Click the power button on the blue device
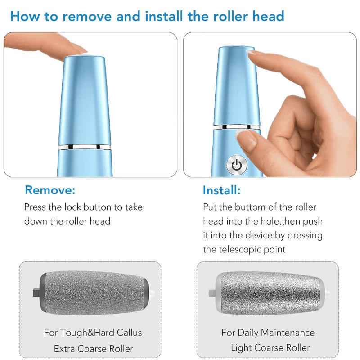coord(237,165)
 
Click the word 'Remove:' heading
coord(50,190)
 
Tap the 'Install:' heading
coord(221,190)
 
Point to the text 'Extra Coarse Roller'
coord(94,349)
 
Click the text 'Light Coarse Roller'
coord(270,348)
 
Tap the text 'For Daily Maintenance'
coord(268,333)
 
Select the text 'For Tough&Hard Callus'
coord(93,333)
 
